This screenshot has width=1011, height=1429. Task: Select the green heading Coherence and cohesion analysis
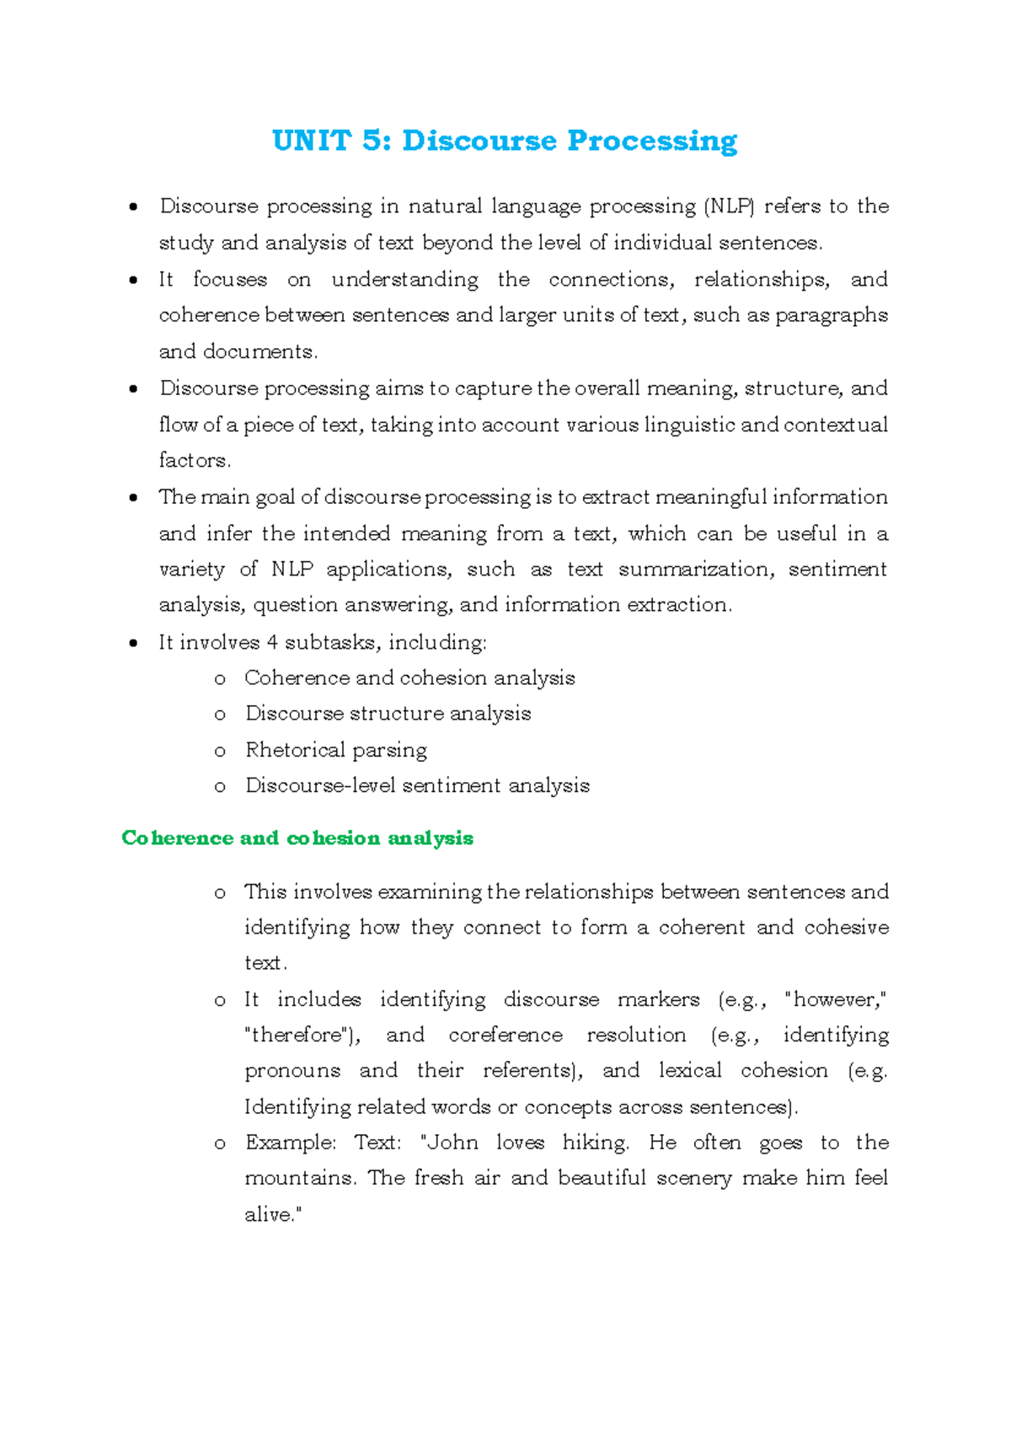(297, 838)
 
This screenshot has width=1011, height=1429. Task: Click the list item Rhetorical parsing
(336, 750)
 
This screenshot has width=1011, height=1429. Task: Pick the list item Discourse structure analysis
(388, 714)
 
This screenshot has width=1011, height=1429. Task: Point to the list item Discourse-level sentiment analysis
(417, 786)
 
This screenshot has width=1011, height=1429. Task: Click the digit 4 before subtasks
(272, 642)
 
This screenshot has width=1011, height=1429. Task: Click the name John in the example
(452, 1143)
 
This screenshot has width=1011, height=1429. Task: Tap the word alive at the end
(270, 1215)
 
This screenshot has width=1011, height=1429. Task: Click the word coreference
(505, 1036)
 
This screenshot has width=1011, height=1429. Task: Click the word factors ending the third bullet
(193, 461)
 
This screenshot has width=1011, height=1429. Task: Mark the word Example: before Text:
(291, 1143)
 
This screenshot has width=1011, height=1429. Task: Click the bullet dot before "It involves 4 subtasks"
(133, 643)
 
